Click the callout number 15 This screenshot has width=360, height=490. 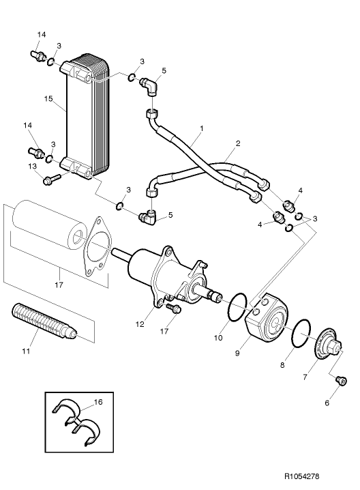click(48, 99)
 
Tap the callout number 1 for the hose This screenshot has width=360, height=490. click(202, 128)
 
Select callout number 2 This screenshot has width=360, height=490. click(237, 143)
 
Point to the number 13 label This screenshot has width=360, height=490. click(32, 167)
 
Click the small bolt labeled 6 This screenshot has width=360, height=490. click(340, 380)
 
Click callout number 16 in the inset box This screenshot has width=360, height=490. click(97, 403)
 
